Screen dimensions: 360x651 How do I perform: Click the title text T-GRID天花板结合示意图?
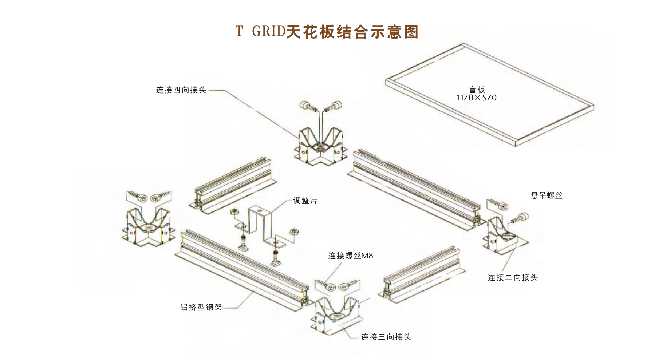coord(327,32)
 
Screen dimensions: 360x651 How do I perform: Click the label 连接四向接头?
coord(181,90)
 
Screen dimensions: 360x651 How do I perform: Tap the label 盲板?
coord(477,90)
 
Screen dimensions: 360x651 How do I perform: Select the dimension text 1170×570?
coord(477,98)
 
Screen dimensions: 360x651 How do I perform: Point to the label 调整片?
coord(305,201)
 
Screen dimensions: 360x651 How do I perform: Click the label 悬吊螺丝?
coord(546,195)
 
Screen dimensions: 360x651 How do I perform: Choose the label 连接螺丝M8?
coord(350,256)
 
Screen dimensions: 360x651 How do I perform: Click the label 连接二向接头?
coord(513,277)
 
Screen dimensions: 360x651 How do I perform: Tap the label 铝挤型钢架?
coord(201,307)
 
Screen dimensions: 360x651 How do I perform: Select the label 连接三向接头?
coord(386,337)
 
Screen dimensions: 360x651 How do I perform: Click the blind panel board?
coord(490,95)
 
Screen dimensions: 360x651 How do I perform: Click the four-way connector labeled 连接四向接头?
coord(321,146)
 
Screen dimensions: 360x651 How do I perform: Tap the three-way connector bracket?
coord(337,315)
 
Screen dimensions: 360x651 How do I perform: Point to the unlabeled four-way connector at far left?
coord(148,226)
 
